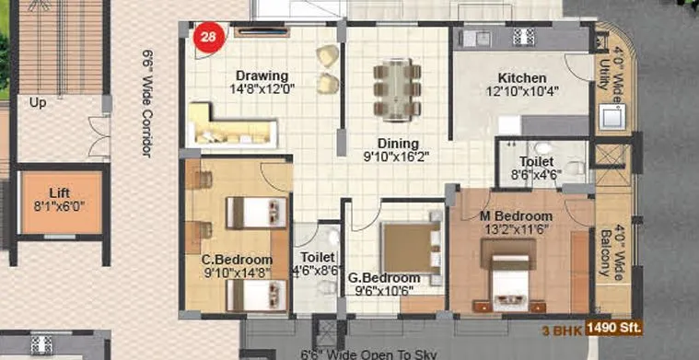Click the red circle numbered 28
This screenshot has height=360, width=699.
tap(210, 38)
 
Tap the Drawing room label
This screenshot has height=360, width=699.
tap(262, 75)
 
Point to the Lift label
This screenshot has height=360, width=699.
tap(60, 192)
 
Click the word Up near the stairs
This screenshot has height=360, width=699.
tap(38, 102)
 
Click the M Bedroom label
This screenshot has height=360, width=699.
tap(516, 216)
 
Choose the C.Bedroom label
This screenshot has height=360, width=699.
tap(237, 259)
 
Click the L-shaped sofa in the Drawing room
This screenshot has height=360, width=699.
tap(230, 127)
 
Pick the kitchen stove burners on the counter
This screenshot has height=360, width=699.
tap(523, 38)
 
